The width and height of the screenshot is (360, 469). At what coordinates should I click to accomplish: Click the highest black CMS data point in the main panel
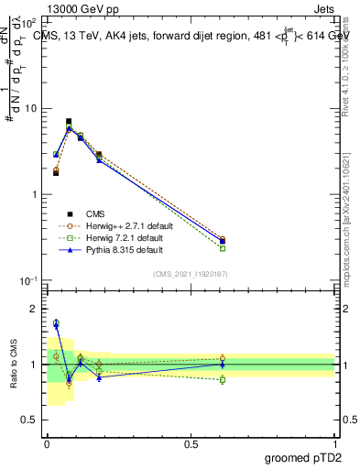point(69,121)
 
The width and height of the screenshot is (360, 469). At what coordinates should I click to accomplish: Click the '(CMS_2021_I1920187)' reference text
point(191,274)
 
